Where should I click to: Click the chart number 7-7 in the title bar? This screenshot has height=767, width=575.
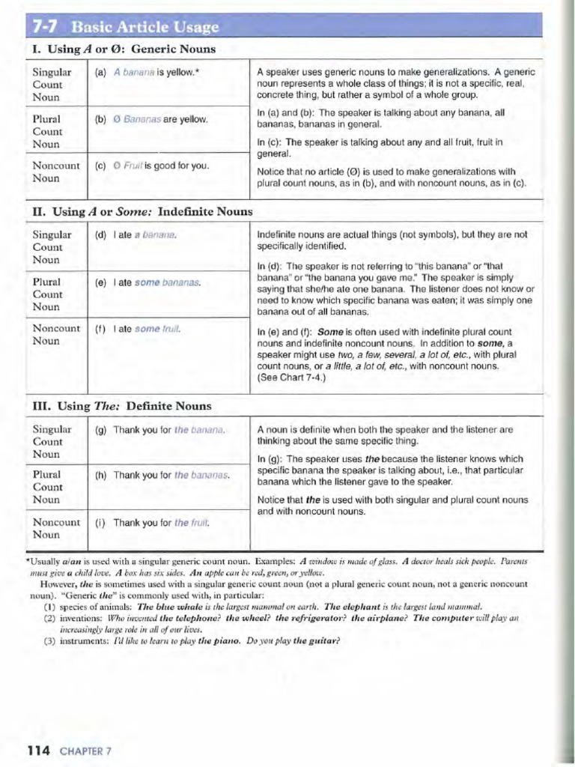click(x=47, y=28)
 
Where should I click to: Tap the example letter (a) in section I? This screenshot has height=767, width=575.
click(x=101, y=73)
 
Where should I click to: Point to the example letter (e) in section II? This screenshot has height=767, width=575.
click(x=101, y=282)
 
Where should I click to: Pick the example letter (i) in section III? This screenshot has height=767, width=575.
click(x=100, y=523)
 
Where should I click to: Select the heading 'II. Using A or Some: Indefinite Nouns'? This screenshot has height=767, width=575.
click(x=142, y=212)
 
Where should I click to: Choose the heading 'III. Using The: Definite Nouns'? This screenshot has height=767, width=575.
click(x=122, y=406)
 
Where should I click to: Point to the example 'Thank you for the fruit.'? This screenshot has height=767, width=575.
click(x=161, y=523)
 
